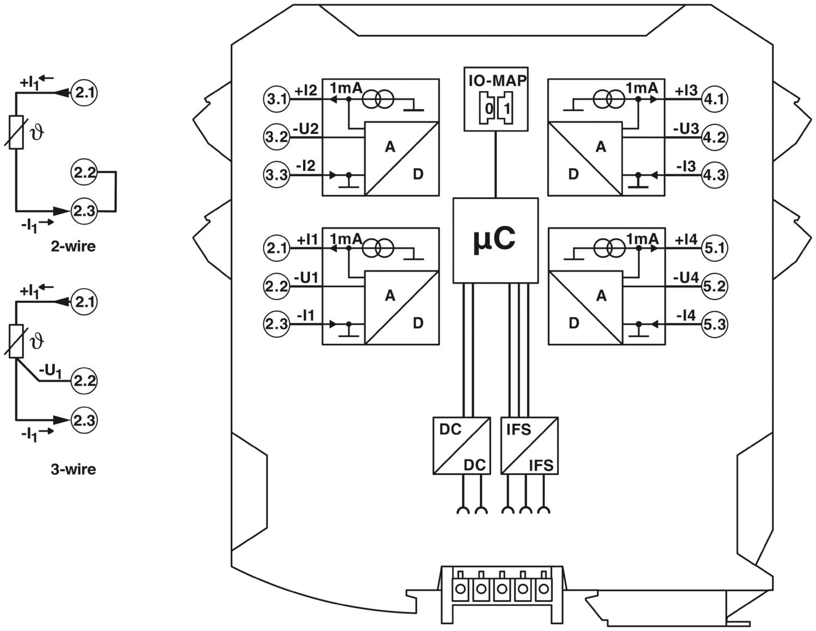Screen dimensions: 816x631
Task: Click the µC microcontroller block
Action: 495,240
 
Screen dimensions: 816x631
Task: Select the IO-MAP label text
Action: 497,81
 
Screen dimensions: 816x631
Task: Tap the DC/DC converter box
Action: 461,446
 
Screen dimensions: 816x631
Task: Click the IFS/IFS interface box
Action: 529,446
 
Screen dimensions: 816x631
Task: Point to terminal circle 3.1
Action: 276,99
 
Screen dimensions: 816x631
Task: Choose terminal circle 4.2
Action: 714,138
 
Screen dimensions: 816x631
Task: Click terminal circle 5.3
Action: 714,324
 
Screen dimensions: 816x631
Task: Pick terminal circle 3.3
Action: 276,175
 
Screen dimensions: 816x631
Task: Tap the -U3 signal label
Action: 685,129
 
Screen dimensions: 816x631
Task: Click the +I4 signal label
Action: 686,239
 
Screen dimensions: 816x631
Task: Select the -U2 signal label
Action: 306,129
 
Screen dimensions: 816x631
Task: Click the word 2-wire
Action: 73,246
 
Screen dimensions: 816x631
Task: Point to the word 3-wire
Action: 73,469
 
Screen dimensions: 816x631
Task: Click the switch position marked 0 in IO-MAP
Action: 489,108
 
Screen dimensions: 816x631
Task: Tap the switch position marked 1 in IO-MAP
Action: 506,108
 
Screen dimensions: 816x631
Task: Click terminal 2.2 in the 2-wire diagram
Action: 84,172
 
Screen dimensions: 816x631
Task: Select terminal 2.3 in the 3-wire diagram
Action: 84,420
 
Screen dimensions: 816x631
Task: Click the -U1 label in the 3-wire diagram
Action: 50,371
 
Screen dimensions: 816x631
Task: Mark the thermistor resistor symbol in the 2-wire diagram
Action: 16,132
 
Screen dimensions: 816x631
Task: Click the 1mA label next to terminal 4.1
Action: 642,88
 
